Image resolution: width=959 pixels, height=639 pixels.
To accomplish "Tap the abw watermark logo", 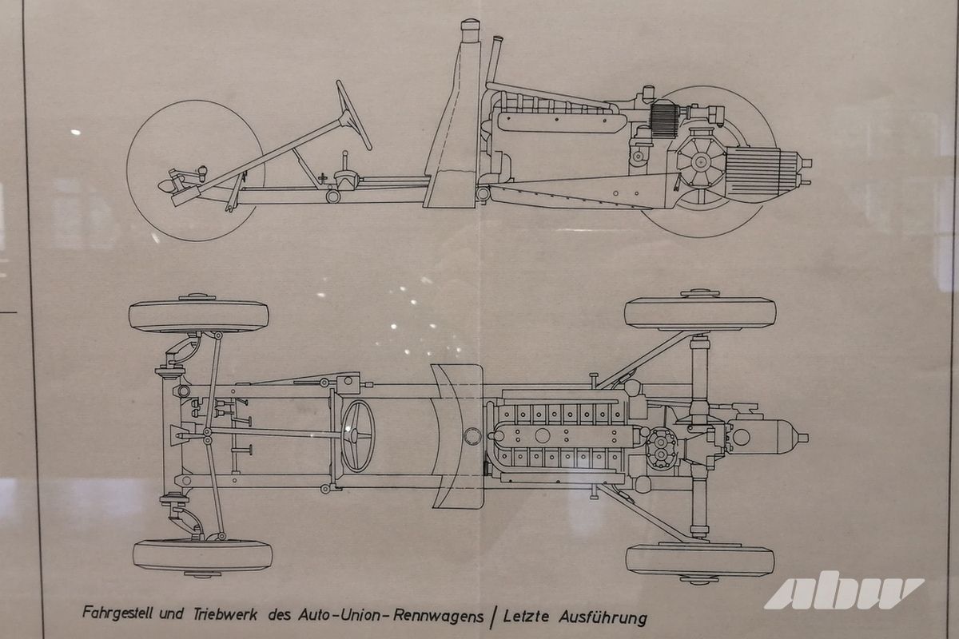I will tap(843, 592).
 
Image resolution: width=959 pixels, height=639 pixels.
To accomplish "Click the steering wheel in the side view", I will tap(354, 114).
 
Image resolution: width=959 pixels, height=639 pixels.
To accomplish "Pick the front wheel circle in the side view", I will tap(196, 169).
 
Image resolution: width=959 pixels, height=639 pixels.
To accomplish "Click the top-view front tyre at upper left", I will tap(198, 316).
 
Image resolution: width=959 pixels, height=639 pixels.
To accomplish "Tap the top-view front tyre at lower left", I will tap(201, 555).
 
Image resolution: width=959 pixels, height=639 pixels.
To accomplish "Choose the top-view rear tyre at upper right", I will tap(700, 312).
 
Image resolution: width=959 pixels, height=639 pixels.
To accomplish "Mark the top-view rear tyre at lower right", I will tap(700, 560).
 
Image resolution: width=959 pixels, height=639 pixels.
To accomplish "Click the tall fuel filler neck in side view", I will tap(468, 48).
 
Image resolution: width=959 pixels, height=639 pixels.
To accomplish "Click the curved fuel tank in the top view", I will tap(457, 435).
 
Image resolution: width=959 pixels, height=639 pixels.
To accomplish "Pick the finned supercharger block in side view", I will tap(663, 121).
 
